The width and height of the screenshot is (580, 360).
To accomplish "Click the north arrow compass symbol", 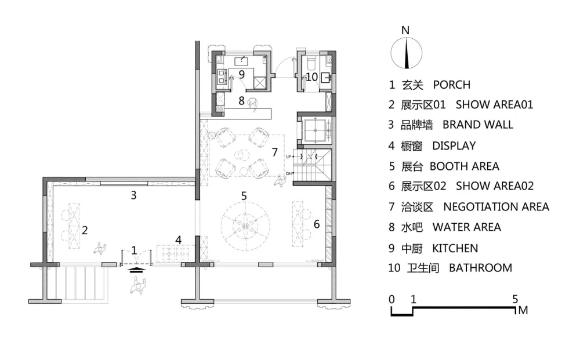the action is click(406, 53).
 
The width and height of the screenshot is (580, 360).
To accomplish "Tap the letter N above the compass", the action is click(405, 30).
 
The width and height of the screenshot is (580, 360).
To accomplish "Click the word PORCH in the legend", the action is click(452, 85).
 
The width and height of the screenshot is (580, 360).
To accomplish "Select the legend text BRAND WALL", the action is click(478, 125).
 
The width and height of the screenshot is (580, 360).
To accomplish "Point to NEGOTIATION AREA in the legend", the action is click(496, 206).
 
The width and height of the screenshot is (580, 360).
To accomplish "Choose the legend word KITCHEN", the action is click(455, 248).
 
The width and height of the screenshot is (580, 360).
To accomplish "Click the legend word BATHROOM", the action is click(480, 268).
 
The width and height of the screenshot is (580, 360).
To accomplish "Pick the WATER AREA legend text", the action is click(467, 227).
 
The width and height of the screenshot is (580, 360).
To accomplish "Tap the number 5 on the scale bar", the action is click(515, 299).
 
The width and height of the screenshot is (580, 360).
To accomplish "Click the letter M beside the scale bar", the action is click(523, 310).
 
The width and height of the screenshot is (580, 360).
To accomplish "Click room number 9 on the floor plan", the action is click(241, 75).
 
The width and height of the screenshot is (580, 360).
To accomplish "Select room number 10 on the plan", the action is click(311, 77).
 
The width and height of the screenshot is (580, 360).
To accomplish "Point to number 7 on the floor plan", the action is click(274, 152).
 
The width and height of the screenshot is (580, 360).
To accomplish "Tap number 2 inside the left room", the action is click(85, 230).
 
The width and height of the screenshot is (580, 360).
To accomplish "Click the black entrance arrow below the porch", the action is click(136, 269).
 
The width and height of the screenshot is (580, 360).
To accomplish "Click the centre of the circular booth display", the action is click(245, 225).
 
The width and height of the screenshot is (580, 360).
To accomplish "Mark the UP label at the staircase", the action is click(288, 157).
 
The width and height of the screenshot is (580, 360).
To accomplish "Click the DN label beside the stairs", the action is click(288, 173).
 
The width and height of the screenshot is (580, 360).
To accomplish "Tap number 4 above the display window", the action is click(178, 240).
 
